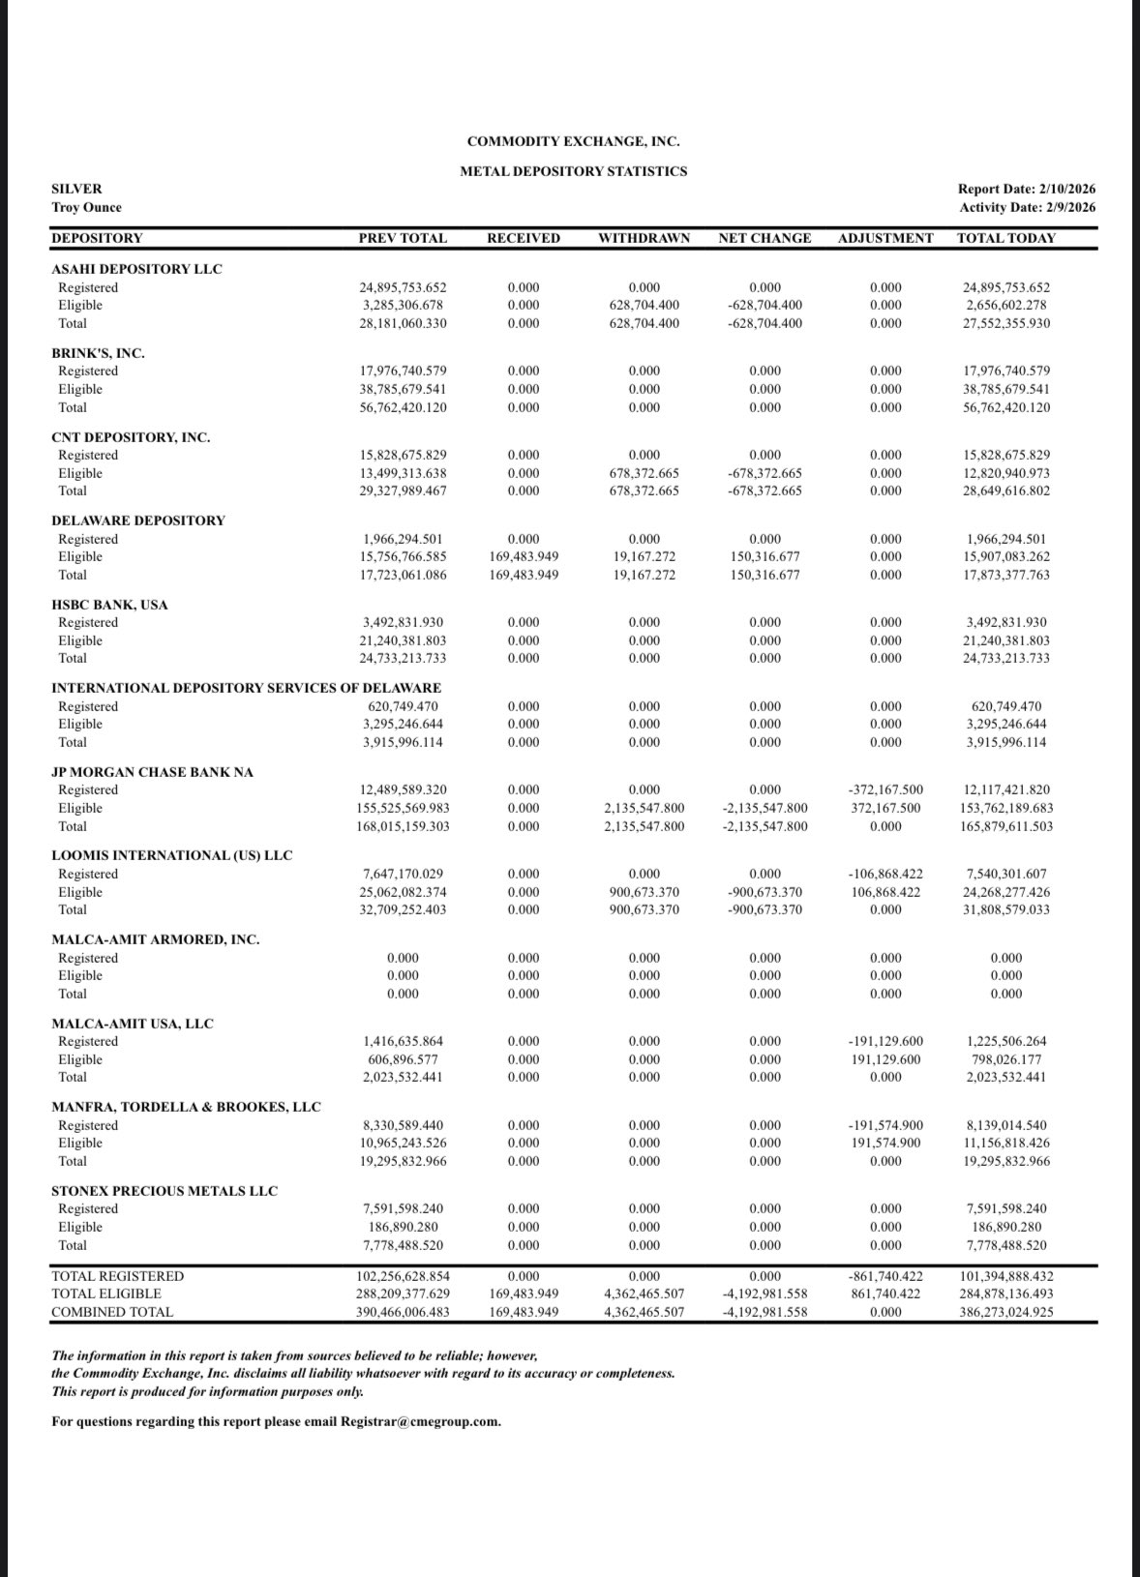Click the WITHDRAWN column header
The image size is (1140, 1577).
point(644,238)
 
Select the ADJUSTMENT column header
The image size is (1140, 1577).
point(885,238)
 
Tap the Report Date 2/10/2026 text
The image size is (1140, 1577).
point(1027,190)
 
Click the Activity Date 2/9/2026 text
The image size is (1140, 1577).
point(1027,207)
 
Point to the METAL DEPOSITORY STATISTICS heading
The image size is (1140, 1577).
point(573,171)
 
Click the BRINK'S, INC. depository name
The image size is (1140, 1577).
point(98,353)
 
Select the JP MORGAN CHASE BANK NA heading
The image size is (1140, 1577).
point(152,772)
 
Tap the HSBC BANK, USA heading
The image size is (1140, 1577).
point(109,605)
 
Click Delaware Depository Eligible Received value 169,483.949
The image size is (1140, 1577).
point(524,556)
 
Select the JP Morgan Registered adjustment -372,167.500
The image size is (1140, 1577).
point(885,789)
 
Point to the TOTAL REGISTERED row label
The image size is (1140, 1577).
point(117,1276)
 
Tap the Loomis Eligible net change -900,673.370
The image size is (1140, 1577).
point(765,892)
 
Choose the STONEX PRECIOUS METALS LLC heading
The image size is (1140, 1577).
point(164,1191)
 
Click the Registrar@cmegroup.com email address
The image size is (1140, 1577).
point(421,1421)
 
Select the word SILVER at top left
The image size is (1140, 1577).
point(76,190)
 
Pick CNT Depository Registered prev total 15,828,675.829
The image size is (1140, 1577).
point(403,455)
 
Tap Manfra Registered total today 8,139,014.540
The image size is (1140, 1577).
point(1006,1125)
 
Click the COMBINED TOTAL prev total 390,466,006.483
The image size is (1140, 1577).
point(403,1312)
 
